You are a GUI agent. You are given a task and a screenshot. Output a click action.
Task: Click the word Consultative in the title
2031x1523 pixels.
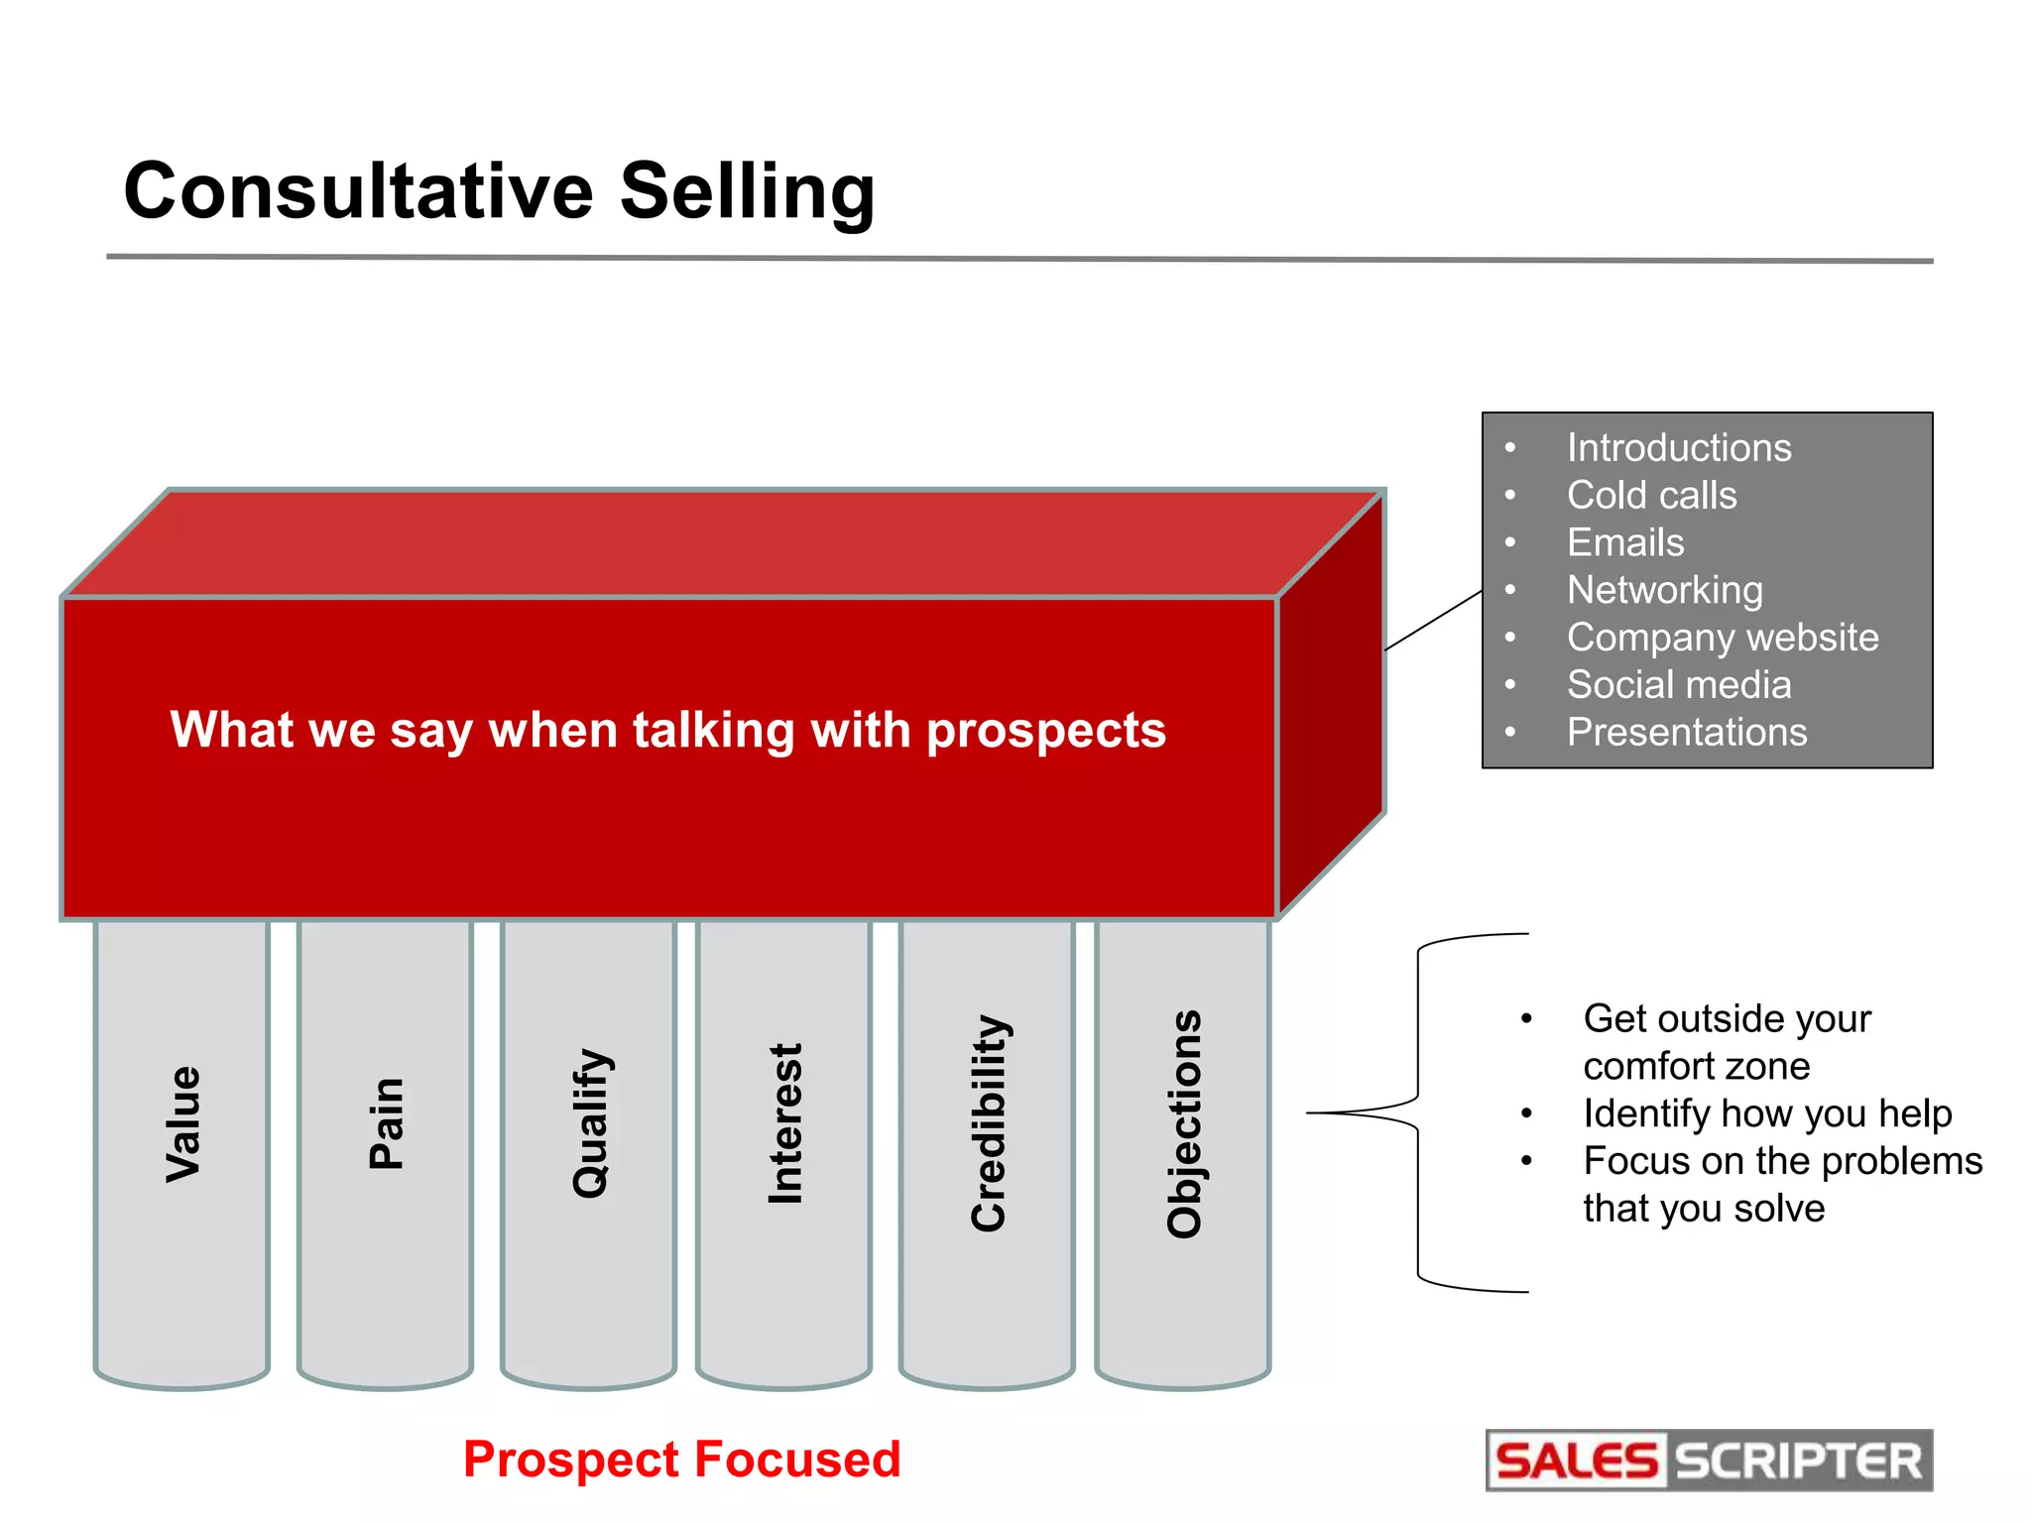358,190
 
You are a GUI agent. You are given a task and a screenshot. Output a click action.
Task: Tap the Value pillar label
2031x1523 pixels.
183,1124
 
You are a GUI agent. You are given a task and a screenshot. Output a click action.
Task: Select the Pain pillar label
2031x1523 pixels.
386,1124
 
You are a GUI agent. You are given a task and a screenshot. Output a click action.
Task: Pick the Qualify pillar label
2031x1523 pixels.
591,1124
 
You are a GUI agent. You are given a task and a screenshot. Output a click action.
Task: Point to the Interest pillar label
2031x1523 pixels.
785,1124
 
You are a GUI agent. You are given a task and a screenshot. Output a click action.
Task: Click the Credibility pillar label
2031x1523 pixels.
989,1124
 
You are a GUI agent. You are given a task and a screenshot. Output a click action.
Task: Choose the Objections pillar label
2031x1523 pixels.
1184,1124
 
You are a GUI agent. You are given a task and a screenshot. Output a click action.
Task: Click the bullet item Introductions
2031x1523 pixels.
1678,448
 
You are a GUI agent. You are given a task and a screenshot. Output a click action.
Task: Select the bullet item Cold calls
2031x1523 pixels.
1651,496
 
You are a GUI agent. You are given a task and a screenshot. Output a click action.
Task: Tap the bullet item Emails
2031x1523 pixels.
1624,543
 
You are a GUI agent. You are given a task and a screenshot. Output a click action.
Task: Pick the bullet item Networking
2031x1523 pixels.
1664,590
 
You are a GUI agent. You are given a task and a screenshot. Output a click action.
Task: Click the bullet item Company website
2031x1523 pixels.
1722,638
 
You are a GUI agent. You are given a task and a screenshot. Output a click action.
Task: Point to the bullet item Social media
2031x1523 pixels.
1678,685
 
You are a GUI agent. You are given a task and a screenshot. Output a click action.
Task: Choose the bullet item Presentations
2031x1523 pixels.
1686,733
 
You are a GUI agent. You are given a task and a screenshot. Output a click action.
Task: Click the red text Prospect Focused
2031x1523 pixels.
681,1460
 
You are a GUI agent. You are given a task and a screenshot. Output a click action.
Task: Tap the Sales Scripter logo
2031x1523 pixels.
1708,1461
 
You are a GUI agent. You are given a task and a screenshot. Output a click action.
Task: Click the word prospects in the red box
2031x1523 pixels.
1045,731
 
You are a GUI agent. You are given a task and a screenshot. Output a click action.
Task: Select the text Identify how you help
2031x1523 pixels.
1766,1113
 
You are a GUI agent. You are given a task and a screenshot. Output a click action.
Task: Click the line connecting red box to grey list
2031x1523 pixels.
1433,621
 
